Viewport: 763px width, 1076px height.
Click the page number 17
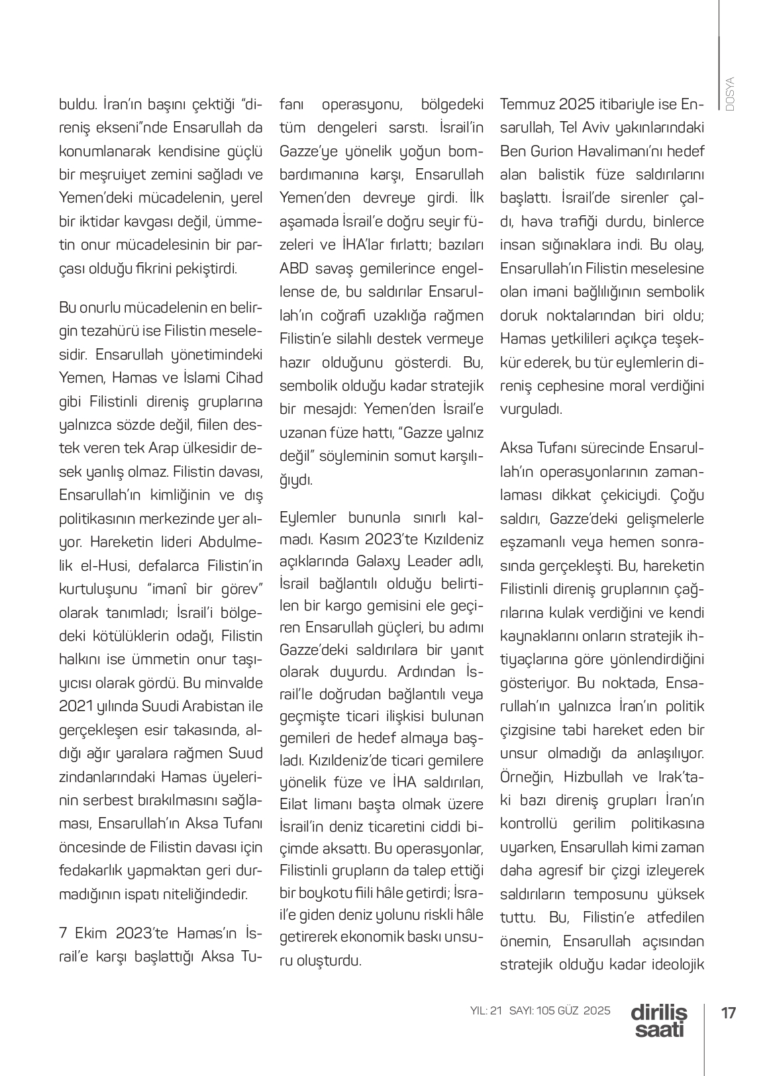point(729,1013)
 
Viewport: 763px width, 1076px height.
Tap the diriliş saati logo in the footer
point(659,1020)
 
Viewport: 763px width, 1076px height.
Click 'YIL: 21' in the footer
point(487,1011)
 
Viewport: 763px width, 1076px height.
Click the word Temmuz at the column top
point(527,104)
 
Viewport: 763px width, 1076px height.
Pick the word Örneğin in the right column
point(522,777)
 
